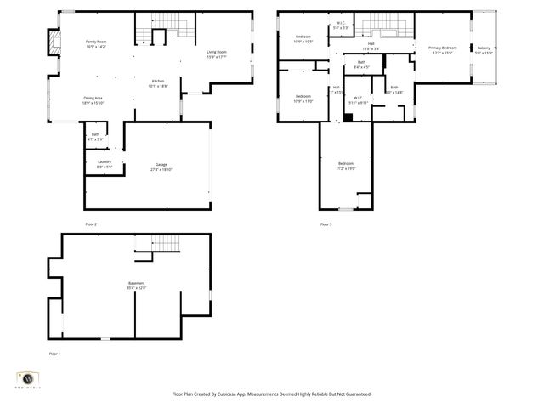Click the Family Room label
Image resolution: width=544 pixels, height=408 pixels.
(x=96, y=42)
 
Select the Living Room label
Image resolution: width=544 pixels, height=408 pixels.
(x=218, y=54)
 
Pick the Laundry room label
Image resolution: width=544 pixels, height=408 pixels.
(x=105, y=163)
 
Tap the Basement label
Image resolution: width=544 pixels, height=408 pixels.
(x=137, y=285)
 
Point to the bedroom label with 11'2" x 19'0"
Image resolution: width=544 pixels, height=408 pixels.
(x=345, y=165)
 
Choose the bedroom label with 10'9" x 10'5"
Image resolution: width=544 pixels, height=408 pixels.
(x=303, y=37)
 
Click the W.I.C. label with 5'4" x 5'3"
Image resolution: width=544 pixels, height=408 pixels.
(x=340, y=25)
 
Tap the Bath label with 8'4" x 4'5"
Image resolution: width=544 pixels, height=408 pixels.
(x=361, y=64)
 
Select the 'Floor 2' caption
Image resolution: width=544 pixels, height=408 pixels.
(x=91, y=224)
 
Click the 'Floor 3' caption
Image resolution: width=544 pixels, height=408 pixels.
(x=326, y=224)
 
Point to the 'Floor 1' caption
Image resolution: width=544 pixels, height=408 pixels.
(x=55, y=353)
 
